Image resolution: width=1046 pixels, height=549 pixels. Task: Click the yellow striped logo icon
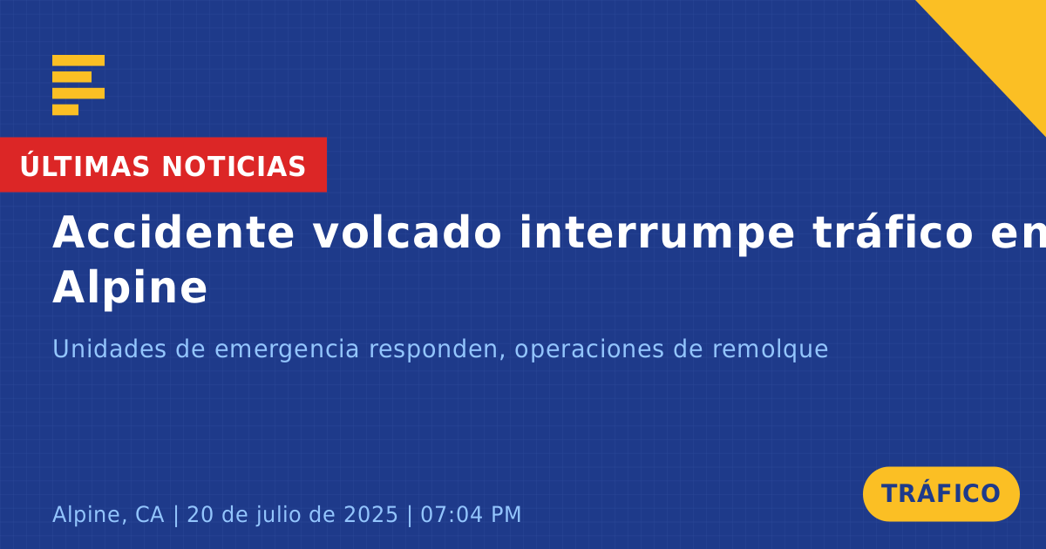click(x=78, y=85)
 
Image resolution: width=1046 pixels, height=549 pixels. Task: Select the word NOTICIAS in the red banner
click(x=234, y=166)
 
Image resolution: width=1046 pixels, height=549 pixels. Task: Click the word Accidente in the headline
click(x=173, y=233)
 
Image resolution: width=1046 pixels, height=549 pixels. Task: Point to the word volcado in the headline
click(x=407, y=233)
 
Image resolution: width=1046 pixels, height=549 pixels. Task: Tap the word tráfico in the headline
click(x=893, y=233)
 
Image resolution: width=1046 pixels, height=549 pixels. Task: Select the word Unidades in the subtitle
click(x=109, y=349)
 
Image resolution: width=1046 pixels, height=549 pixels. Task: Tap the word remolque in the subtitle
click(x=770, y=350)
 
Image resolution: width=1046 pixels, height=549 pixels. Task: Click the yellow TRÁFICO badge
click(x=941, y=494)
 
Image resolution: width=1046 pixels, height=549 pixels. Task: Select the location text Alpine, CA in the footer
click(x=108, y=514)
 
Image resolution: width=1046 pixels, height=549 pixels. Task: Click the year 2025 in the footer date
click(x=370, y=514)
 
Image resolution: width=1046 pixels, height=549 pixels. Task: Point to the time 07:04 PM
click(x=471, y=514)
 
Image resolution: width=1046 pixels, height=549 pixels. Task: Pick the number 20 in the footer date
click(x=200, y=514)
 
